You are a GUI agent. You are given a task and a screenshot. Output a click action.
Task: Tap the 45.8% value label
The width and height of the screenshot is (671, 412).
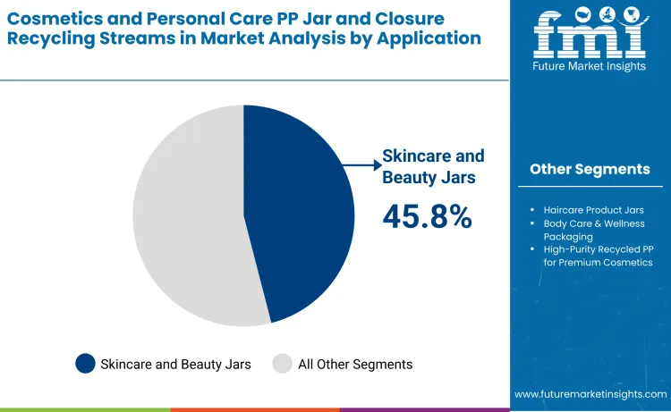[x=427, y=215]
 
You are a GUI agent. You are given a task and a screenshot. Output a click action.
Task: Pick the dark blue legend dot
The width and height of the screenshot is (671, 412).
[x=86, y=364]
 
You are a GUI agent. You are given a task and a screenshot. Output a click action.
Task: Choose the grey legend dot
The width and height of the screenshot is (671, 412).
[x=283, y=364]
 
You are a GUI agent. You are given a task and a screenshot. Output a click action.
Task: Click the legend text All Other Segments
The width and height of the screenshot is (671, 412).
[x=355, y=364]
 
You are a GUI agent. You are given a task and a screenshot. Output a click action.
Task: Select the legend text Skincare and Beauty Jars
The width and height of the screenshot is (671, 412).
[x=175, y=364]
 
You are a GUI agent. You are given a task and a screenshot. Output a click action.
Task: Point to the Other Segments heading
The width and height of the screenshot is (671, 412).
[x=589, y=169]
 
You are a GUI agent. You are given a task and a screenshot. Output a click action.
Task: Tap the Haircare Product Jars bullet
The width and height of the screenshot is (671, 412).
[x=593, y=210]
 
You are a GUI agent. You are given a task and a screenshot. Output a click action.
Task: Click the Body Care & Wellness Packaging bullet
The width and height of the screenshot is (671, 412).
[x=593, y=230]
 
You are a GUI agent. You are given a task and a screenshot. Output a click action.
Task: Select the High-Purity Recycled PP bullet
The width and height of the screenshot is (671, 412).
[x=598, y=256]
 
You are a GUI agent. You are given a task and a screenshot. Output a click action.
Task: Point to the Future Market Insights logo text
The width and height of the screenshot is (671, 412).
[x=589, y=68]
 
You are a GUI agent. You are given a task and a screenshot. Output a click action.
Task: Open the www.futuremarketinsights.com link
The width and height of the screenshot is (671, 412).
[x=590, y=394]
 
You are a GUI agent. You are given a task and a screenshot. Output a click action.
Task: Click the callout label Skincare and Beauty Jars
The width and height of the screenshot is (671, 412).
[x=429, y=165]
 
